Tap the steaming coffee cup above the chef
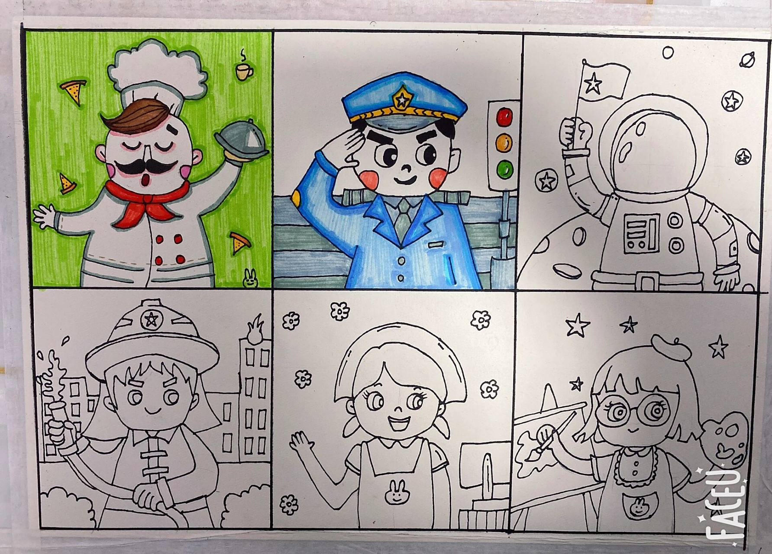coord(244,71)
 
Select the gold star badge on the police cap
coord(403,100)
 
